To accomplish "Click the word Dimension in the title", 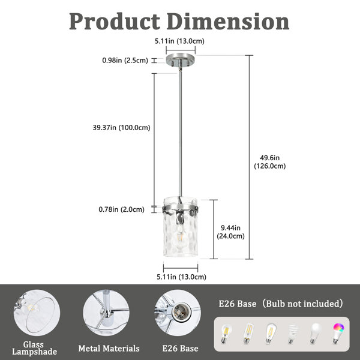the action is (228, 22).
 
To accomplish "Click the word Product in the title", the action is (115, 22).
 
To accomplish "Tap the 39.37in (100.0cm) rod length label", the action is (121, 127).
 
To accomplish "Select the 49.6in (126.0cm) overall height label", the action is (270, 162).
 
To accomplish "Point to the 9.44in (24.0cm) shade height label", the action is (230, 232).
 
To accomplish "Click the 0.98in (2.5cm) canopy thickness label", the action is (125, 61).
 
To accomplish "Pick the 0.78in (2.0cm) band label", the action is (121, 209).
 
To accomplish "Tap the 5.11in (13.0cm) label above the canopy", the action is (179, 41).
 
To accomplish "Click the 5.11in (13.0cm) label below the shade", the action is (181, 277).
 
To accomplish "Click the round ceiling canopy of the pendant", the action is (181, 59).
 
